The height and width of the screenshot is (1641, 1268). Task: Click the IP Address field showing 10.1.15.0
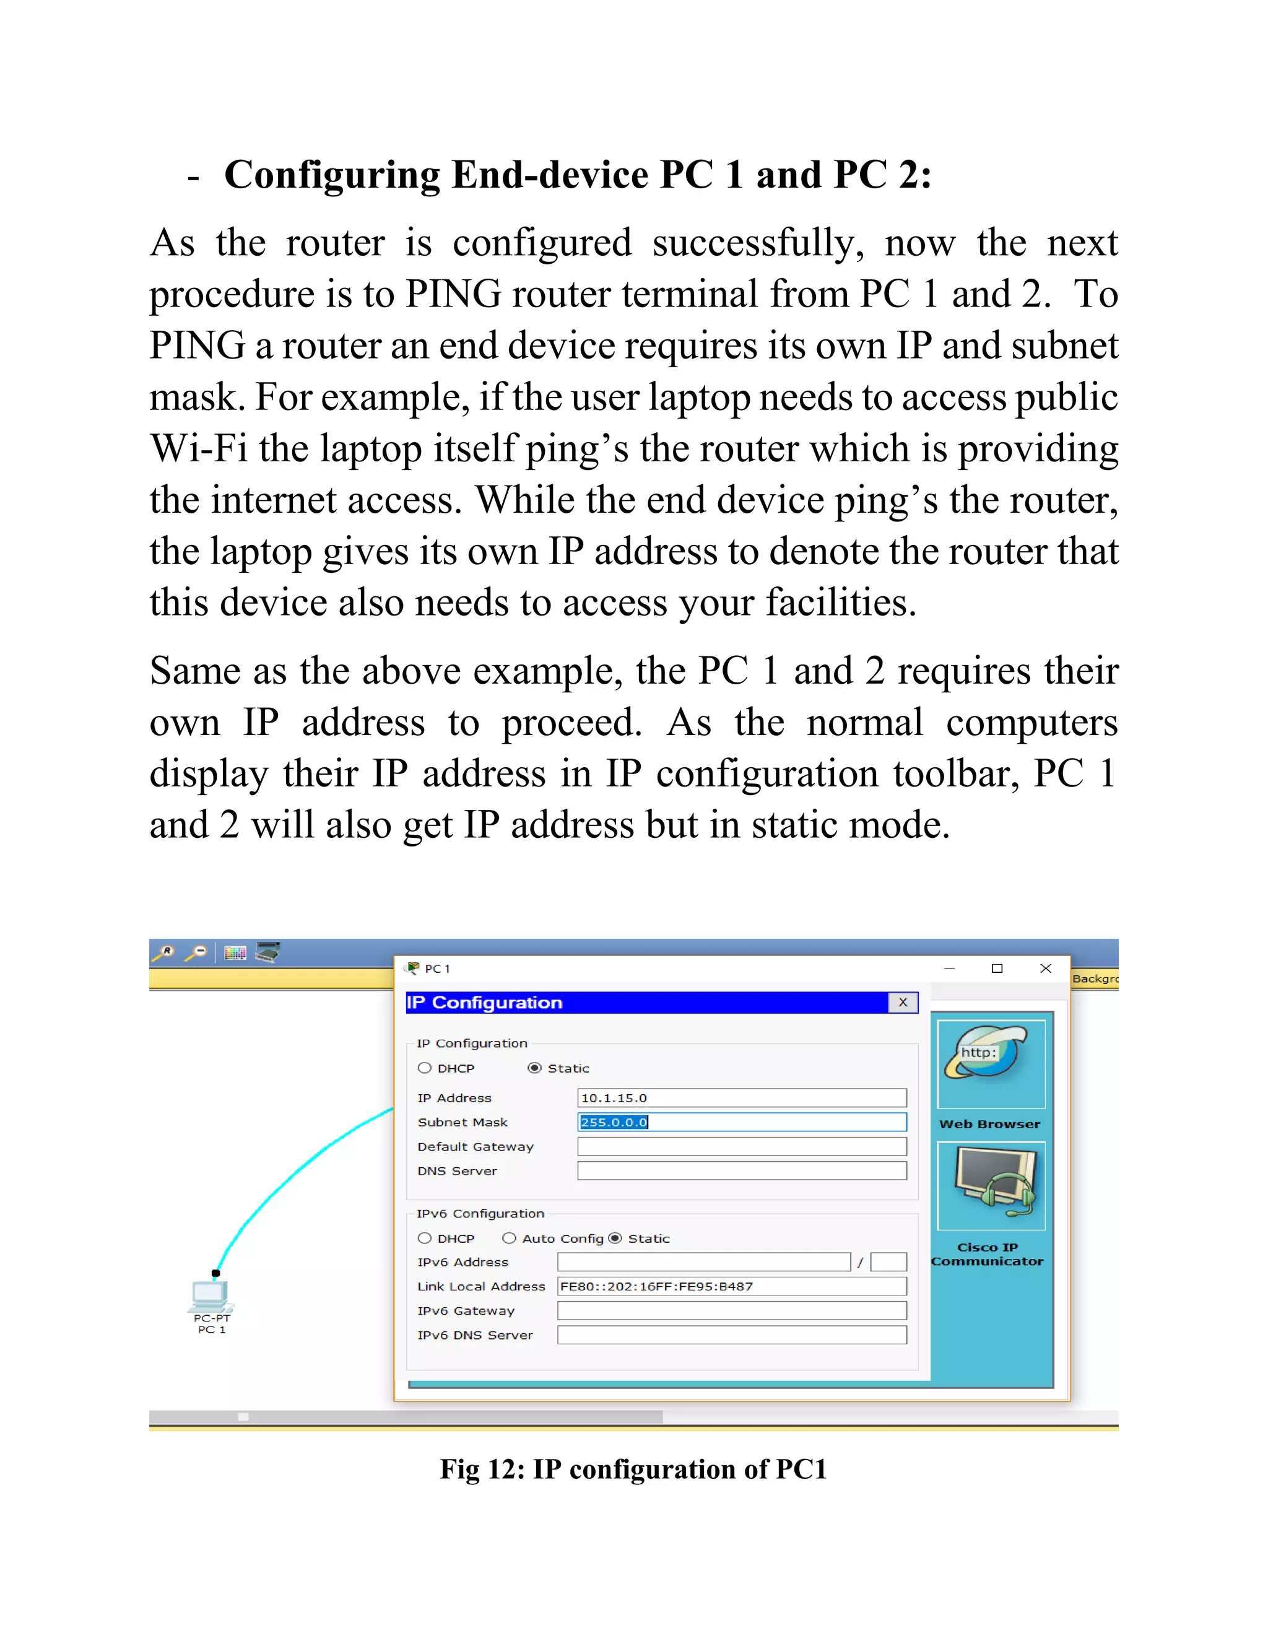point(740,1098)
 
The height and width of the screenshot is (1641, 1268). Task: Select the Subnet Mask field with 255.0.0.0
point(740,1122)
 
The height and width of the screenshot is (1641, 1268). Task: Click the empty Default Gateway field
point(740,1147)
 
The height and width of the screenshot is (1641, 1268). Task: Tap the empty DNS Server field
point(740,1170)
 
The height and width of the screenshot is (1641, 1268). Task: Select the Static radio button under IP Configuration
point(534,1068)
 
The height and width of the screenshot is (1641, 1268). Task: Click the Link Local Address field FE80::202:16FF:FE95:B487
point(731,1286)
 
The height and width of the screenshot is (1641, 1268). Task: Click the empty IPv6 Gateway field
point(731,1310)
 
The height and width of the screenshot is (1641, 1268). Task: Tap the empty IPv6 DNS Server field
point(731,1335)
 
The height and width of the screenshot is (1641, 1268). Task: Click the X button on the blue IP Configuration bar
point(903,1003)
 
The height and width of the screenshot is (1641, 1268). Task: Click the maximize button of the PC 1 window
point(997,968)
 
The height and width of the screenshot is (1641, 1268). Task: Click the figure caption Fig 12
point(633,1469)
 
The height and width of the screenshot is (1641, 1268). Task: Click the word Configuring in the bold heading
point(331,175)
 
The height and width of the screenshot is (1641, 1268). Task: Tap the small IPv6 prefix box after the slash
point(888,1262)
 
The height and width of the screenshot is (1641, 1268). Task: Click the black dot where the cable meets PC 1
point(215,1273)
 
